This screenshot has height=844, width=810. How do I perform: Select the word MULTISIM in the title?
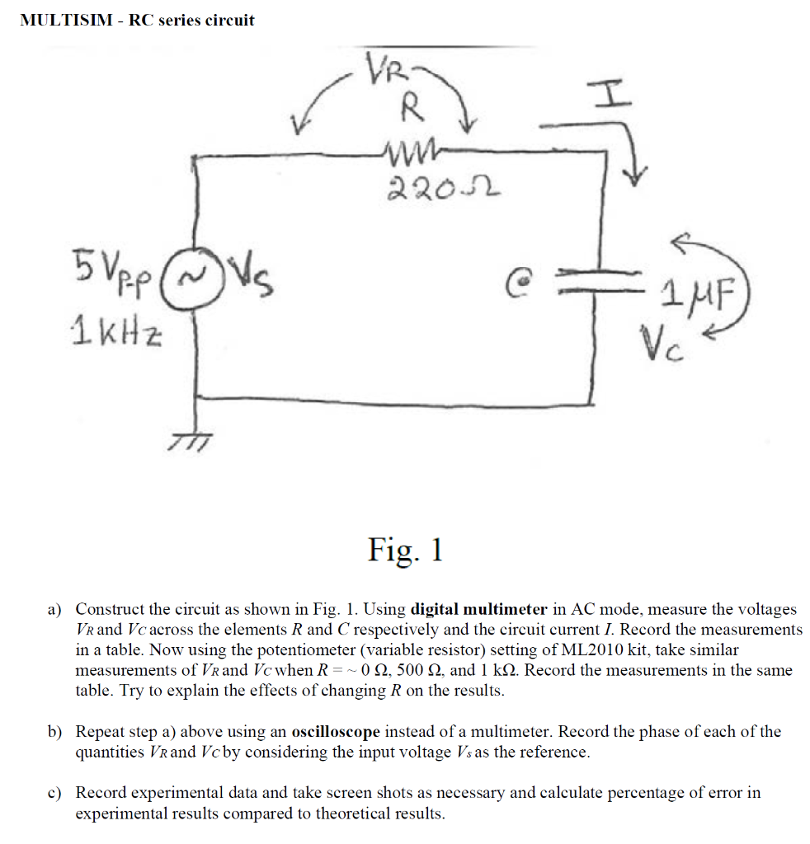(66, 21)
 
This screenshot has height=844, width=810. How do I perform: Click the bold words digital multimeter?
(478, 609)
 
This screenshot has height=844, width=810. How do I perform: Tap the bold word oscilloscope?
(336, 732)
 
